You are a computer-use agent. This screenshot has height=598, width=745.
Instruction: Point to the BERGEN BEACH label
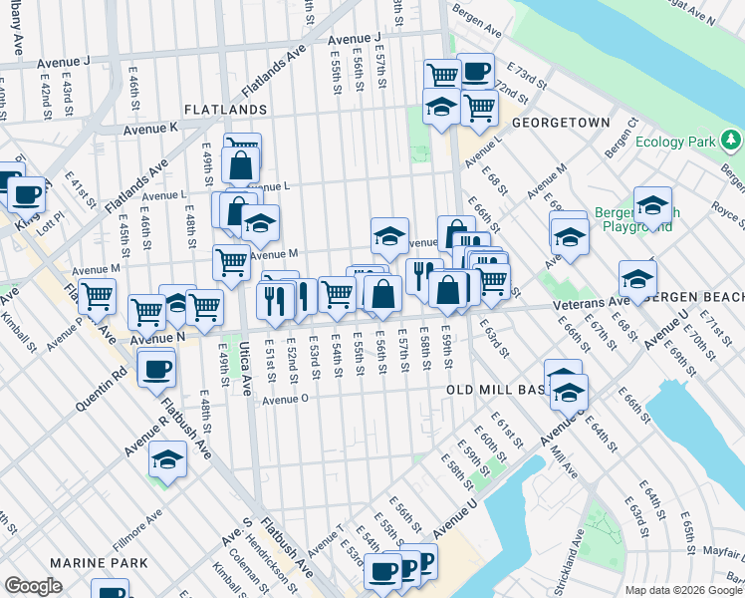point(707,298)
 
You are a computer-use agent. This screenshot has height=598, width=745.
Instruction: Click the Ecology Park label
point(676,143)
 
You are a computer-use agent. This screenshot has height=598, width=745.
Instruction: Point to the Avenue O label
point(287,399)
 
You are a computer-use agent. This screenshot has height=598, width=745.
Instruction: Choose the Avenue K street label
point(150,129)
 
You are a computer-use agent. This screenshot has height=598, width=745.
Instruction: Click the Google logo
point(33,586)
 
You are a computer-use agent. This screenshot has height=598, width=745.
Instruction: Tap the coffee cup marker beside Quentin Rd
point(156,369)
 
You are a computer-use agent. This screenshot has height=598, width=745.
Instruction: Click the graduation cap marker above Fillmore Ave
point(168,458)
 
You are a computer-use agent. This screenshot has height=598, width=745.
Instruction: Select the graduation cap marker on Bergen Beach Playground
point(652,205)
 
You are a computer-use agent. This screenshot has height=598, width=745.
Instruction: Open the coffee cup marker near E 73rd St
point(475,70)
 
